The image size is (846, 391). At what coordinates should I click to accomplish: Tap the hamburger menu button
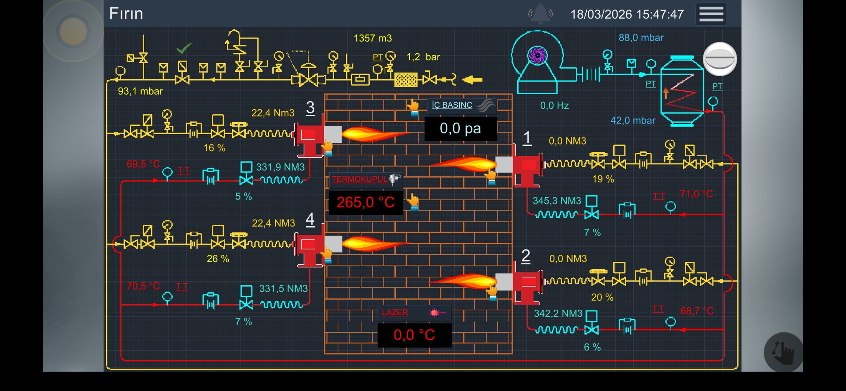pyautogui.click(x=711, y=14)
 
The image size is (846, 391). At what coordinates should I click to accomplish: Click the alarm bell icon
pyautogui.click(x=540, y=13)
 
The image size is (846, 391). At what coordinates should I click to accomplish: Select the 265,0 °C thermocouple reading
pyautogui.click(x=366, y=202)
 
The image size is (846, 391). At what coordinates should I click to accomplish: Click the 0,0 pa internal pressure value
pyautogui.click(x=460, y=128)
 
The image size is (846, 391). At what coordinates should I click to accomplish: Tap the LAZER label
pyautogui.click(x=395, y=313)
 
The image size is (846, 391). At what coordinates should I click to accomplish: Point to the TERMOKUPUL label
pyautogui.click(x=359, y=179)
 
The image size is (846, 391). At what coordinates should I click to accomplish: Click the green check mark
pyautogui.click(x=184, y=48)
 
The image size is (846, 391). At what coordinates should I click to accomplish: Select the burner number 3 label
pyautogui.click(x=310, y=108)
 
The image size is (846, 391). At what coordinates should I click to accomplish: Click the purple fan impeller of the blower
pyautogui.click(x=537, y=55)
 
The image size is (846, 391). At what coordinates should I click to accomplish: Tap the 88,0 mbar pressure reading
pyautogui.click(x=641, y=38)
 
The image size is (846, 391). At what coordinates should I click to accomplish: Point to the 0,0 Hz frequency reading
pyautogui.click(x=554, y=106)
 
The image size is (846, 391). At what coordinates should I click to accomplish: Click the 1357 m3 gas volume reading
pyautogui.click(x=373, y=38)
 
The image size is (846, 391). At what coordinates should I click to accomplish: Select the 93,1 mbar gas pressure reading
pyautogui.click(x=140, y=91)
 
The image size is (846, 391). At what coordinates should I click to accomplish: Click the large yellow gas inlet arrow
pyautogui.click(x=472, y=80)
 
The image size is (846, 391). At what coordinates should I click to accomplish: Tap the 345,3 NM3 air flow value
pyautogui.click(x=556, y=201)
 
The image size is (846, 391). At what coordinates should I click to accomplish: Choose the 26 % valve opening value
pyautogui.click(x=218, y=259)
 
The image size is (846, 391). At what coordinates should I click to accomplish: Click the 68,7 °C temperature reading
pyautogui.click(x=696, y=311)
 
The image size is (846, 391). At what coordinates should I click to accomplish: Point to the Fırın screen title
pyautogui.click(x=126, y=14)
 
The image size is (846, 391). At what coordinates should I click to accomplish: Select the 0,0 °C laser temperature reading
pyautogui.click(x=414, y=335)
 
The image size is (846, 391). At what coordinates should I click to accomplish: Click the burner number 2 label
pyautogui.click(x=525, y=256)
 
